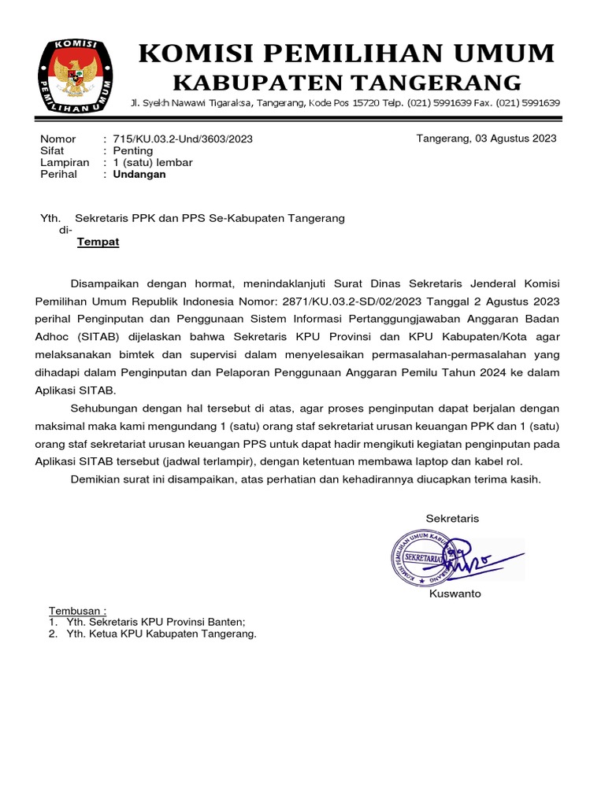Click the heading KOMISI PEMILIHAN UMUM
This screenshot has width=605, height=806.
click(x=347, y=54)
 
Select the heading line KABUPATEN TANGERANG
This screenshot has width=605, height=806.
click(x=347, y=82)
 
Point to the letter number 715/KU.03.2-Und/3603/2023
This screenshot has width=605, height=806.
click(x=183, y=139)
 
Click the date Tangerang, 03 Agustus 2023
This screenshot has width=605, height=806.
click(x=486, y=139)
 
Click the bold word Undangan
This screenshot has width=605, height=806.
click(x=139, y=175)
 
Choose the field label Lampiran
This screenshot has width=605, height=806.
click(x=65, y=163)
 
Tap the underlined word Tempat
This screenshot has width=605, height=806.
click(x=98, y=242)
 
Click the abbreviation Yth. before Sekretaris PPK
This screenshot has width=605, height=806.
click(x=50, y=218)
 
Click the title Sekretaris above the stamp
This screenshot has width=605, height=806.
click(x=452, y=519)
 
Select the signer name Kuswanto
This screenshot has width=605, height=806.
click(x=455, y=594)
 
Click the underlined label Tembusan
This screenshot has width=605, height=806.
click(x=77, y=612)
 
